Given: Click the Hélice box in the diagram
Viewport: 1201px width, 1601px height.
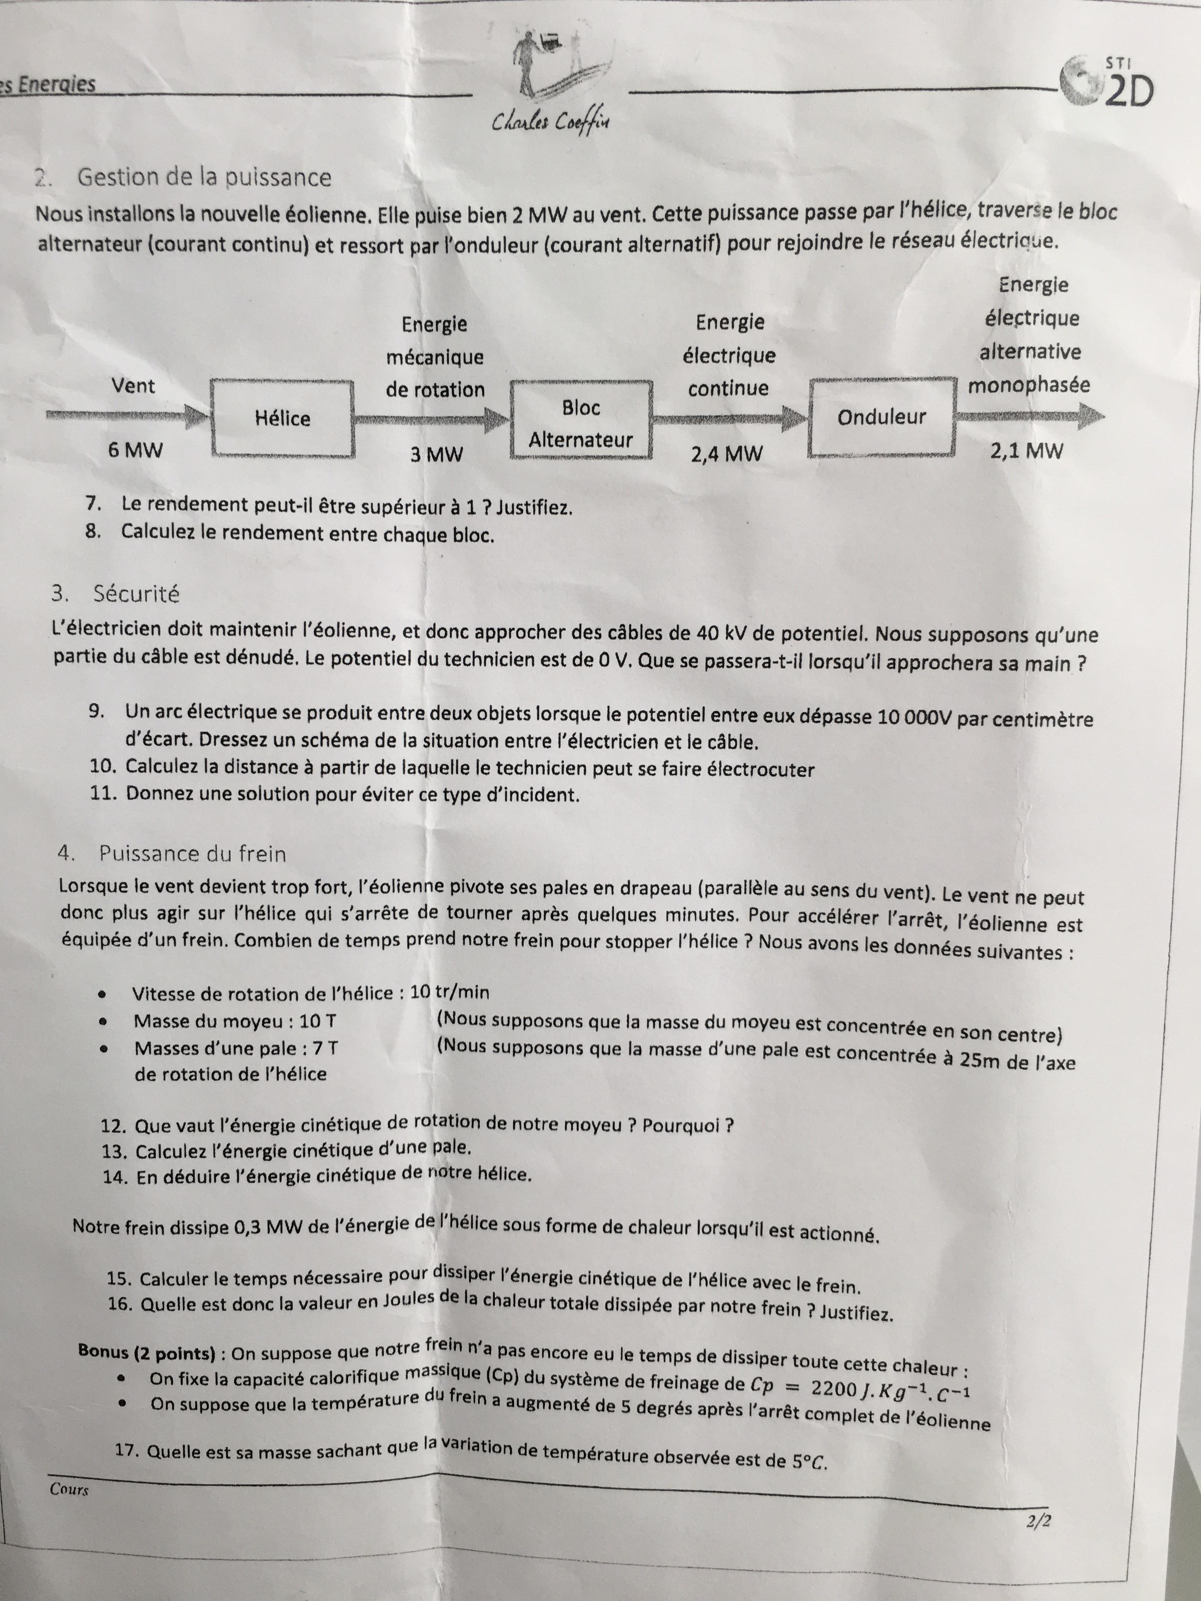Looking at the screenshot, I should tap(282, 419).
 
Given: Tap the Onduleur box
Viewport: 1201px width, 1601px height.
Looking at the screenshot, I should tap(881, 418).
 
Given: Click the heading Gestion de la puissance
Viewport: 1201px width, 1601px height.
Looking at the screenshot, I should tap(204, 177).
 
